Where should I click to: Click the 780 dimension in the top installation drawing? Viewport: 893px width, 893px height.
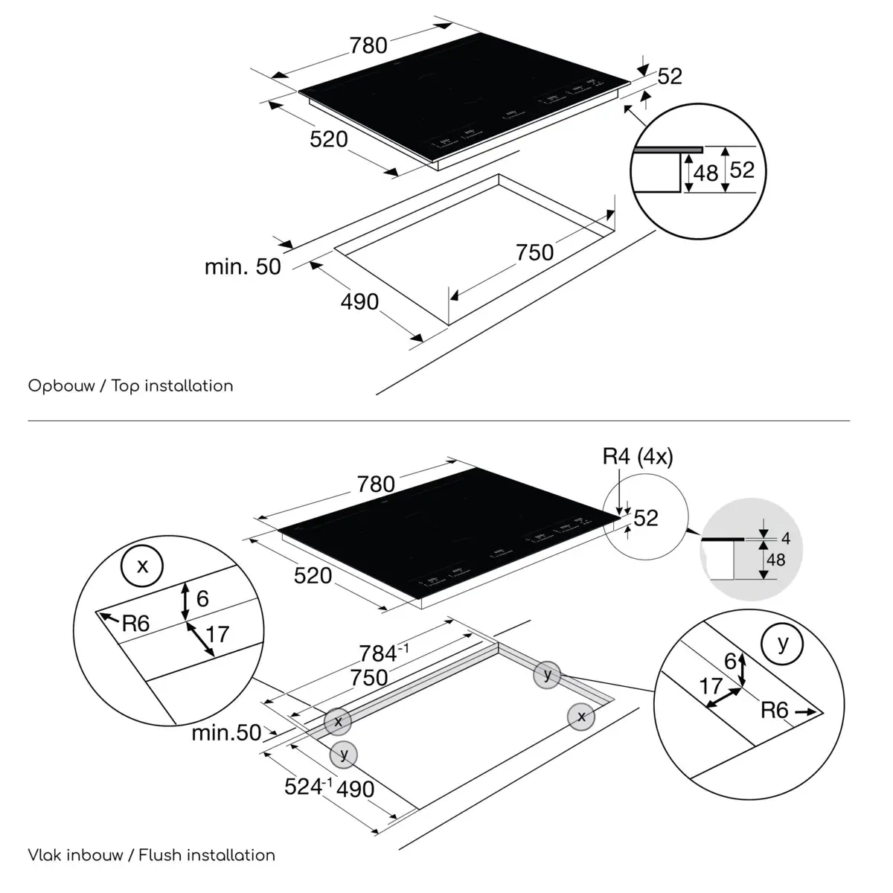tap(368, 45)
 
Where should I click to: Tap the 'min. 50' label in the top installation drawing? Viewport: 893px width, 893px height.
tap(243, 266)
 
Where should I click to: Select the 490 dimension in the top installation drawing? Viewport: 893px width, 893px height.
tap(359, 301)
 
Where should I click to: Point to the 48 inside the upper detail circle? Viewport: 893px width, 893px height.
tap(705, 173)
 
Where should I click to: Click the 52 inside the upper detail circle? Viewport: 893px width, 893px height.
tap(741, 170)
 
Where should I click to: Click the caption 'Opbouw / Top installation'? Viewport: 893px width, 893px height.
tap(130, 385)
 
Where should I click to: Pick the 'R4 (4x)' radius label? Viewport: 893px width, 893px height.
tap(638, 456)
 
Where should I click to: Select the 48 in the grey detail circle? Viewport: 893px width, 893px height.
tap(775, 559)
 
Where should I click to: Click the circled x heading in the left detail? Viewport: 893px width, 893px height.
tap(143, 566)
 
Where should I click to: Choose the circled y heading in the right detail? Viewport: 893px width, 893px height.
tap(782, 643)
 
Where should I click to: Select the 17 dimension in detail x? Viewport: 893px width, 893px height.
tap(217, 634)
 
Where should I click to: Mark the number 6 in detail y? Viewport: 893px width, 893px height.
tap(730, 661)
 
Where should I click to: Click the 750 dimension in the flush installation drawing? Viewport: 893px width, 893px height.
tap(369, 677)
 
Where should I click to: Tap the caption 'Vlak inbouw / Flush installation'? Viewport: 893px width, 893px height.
tap(151, 855)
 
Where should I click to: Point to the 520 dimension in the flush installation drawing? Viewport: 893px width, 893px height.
tap(313, 575)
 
